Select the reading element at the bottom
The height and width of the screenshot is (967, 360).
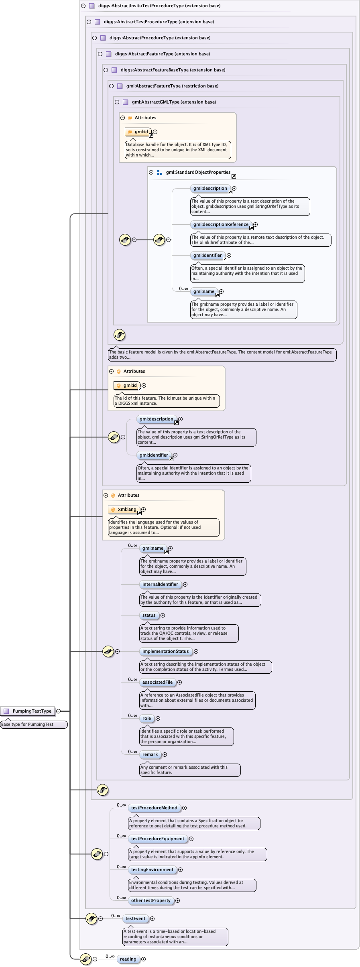(128, 959)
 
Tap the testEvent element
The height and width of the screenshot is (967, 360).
(135, 918)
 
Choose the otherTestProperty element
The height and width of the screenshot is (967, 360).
(151, 900)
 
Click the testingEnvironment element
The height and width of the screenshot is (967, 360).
(152, 869)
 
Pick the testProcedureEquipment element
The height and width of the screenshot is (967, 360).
(158, 839)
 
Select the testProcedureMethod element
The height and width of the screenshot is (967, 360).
(154, 808)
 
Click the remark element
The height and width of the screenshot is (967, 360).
(150, 754)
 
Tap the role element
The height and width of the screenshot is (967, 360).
(147, 718)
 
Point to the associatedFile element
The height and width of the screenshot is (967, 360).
(157, 682)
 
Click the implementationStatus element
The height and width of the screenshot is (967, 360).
(165, 651)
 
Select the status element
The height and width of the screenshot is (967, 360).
(149, 615)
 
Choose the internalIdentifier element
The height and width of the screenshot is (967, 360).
(160, 584)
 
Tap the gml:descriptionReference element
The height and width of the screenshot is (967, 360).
(221, 224)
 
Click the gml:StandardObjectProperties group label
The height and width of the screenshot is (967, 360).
(198, 172)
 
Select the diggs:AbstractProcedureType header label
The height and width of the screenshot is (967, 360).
(160, 38)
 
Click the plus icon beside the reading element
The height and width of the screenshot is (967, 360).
(143, 959)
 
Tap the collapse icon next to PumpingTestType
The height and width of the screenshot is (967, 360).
(58, 711)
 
